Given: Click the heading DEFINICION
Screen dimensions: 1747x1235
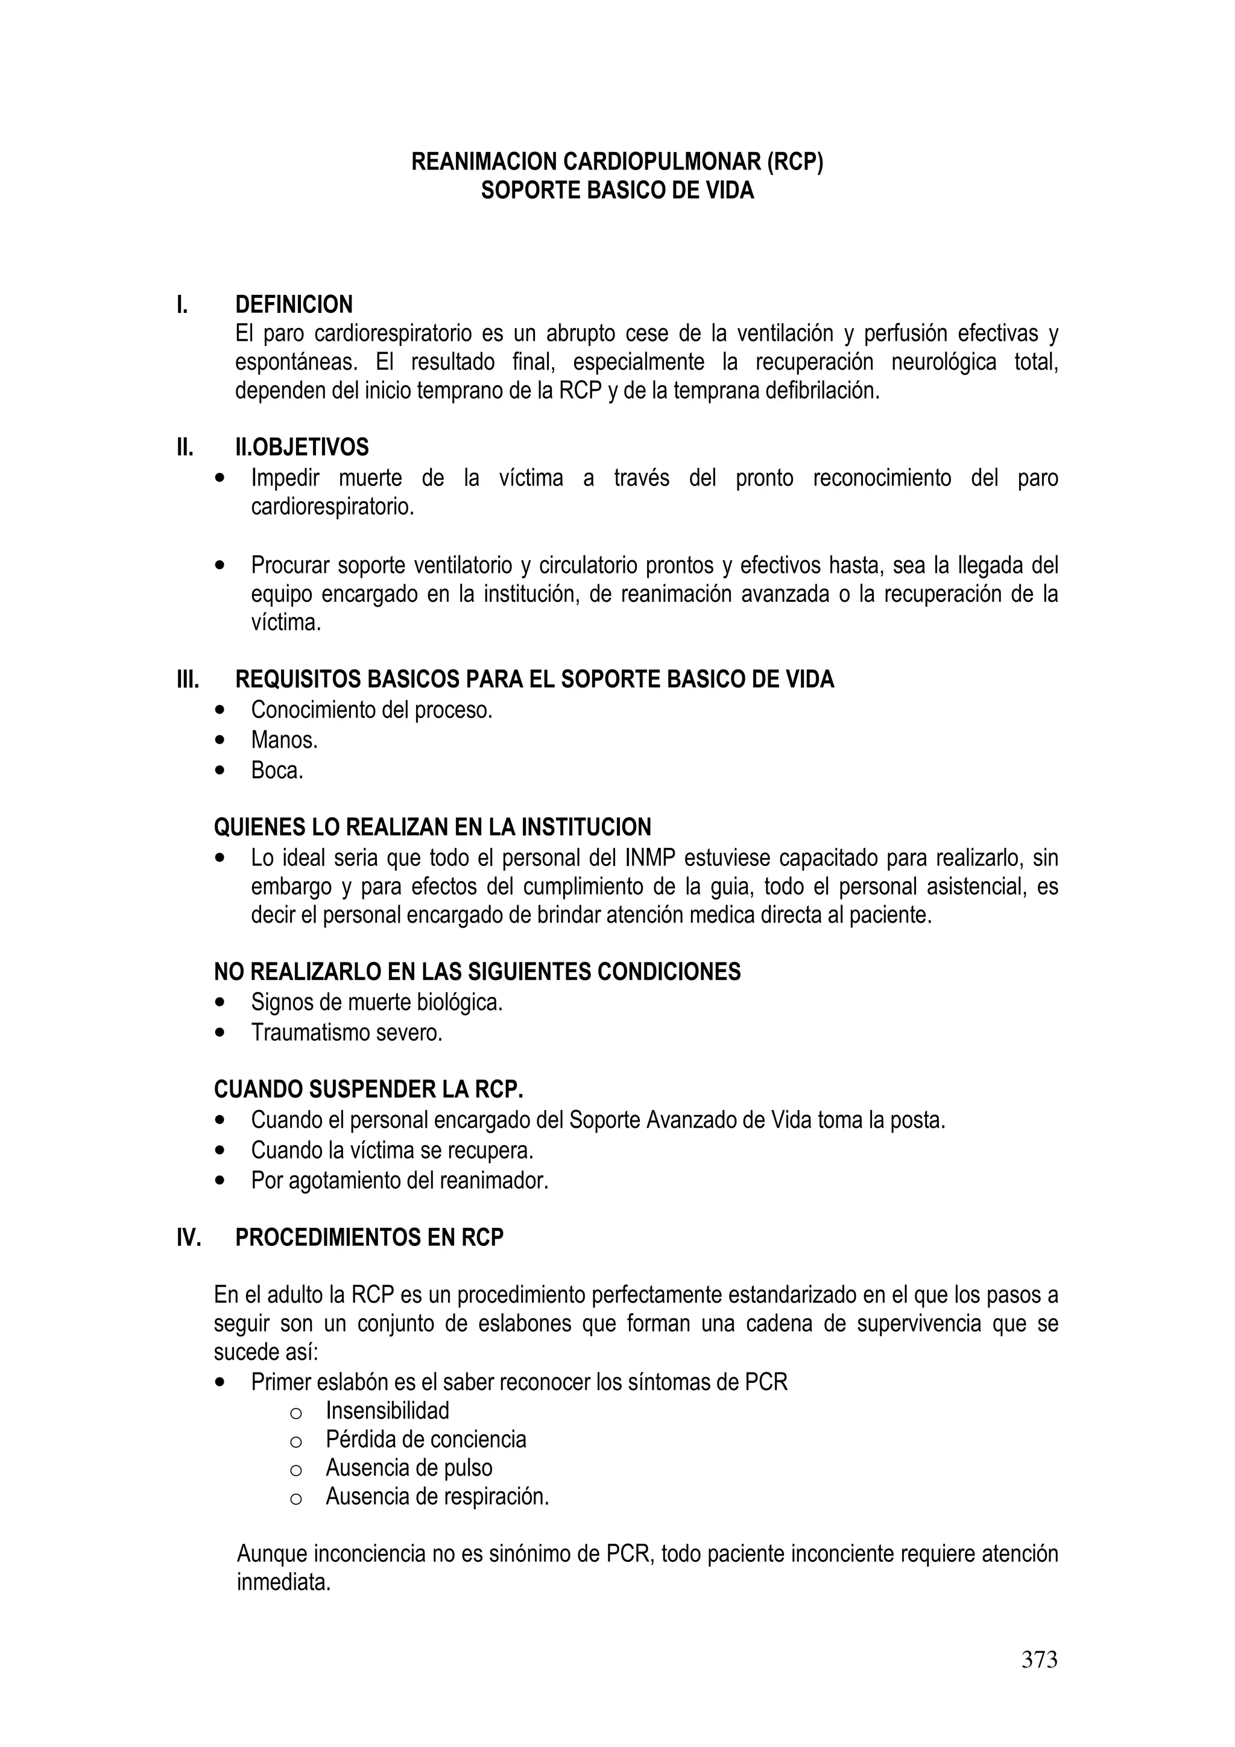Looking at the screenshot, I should coord(294,305).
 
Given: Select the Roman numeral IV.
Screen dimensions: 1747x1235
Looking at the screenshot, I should coord(189,1238).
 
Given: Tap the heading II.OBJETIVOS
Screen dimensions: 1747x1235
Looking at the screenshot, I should coord(302,447).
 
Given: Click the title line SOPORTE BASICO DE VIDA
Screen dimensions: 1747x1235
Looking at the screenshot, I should coord(617,190).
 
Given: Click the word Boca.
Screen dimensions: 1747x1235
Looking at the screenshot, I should coord(277,770).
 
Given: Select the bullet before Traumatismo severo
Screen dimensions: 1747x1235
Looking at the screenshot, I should coord(221,1033).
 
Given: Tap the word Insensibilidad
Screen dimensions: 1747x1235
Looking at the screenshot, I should coord(387,1411).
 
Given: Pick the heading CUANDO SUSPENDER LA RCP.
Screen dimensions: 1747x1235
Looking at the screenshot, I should coord(368,1090).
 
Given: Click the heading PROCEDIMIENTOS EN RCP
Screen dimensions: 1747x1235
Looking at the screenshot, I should coord(369,1238).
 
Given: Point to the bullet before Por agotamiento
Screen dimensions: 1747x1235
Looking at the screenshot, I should coord(221,1181).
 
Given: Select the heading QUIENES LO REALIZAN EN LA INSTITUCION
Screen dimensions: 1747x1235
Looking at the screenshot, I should coord(432,827).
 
